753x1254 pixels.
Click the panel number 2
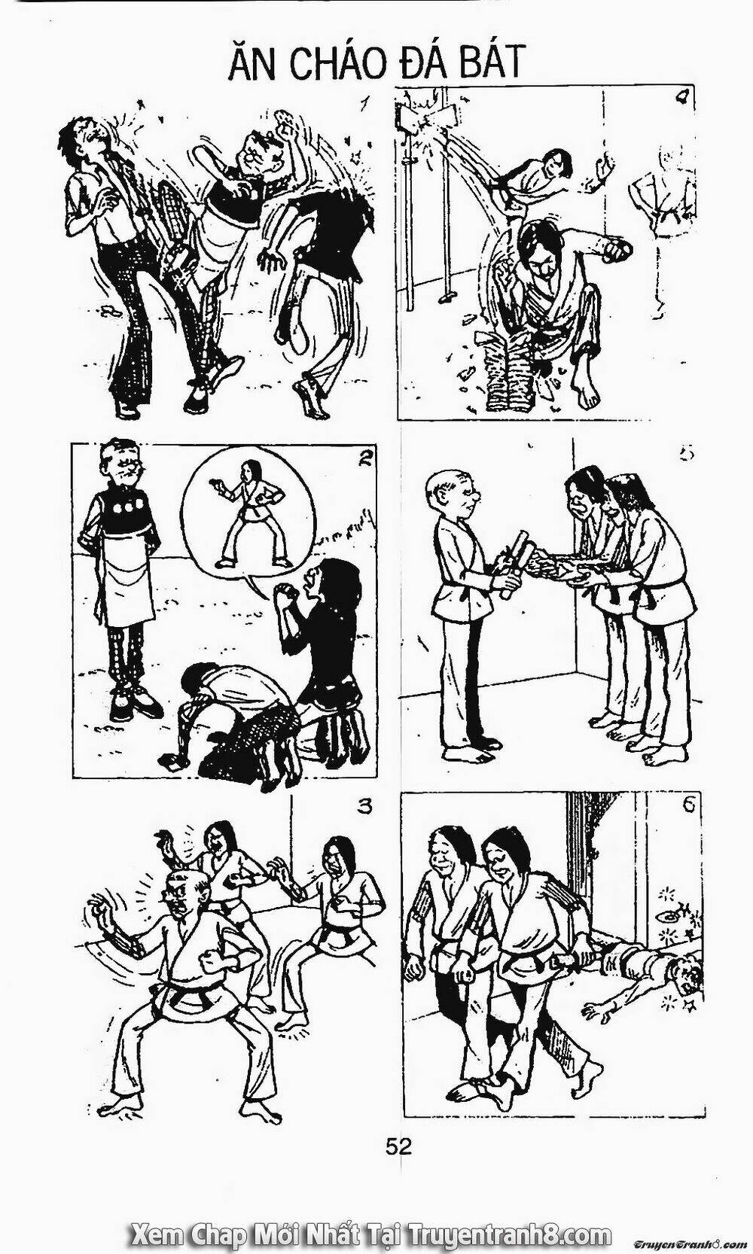364,460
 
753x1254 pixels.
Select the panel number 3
364,808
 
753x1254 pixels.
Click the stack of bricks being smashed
512,373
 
